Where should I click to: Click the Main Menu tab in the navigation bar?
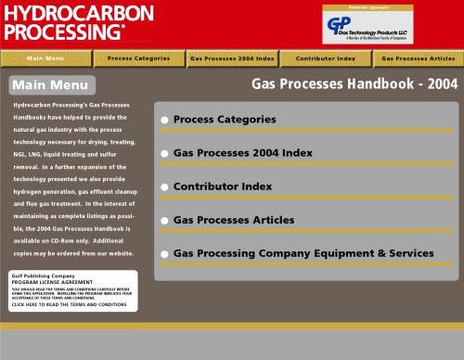point(45,58)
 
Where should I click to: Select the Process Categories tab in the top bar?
point(138,58)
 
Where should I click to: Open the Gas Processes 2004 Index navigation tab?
point(231,58)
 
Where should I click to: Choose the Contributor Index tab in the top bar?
point(325,58)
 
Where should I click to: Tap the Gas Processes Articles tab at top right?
point(418,58)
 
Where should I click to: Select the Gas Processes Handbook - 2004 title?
point(354,84)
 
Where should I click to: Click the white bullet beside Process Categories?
point(164,120)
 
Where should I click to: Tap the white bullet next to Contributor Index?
point(164,186)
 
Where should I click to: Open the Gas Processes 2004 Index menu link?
point(243,153)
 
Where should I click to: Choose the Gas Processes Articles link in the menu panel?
point(234,220)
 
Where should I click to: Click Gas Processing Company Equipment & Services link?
point(303,253)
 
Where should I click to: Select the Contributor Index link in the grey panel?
point(223,186)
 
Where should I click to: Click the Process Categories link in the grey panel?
point(225,120)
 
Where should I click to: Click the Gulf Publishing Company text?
point(44,276)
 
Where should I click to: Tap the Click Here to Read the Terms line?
point(69,304)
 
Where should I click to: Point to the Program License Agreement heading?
point(52,282)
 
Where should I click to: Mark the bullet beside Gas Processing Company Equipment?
point(164,253)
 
